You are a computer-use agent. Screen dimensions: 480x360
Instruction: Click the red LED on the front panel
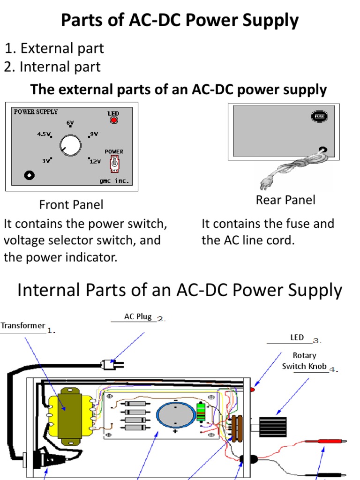(x=113, y=120)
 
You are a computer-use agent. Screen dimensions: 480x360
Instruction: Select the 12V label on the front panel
(x=95, y=161)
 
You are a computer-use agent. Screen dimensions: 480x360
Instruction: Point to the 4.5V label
(x=44, y=134)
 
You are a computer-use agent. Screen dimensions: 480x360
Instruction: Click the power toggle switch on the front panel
(x=114, y=164)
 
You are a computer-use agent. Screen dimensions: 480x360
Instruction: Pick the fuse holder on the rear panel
(x=319, y=116)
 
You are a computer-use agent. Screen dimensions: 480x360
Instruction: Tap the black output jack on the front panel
(x=30, y=175)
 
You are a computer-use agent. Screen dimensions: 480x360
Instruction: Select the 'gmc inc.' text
(x=113, y=180)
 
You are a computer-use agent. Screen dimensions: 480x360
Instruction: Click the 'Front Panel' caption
(x=71, y=205)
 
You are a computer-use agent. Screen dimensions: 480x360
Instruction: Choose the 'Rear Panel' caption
(x=285, y=200)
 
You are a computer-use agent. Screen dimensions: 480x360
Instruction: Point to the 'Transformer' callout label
(x=23, y=325)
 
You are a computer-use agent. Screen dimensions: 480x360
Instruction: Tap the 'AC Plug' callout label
(x=138, y=316)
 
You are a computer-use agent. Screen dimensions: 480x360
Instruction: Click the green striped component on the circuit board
(x=202, y=412)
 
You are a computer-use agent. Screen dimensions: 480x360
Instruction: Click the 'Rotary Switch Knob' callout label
(x=304, y=361)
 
